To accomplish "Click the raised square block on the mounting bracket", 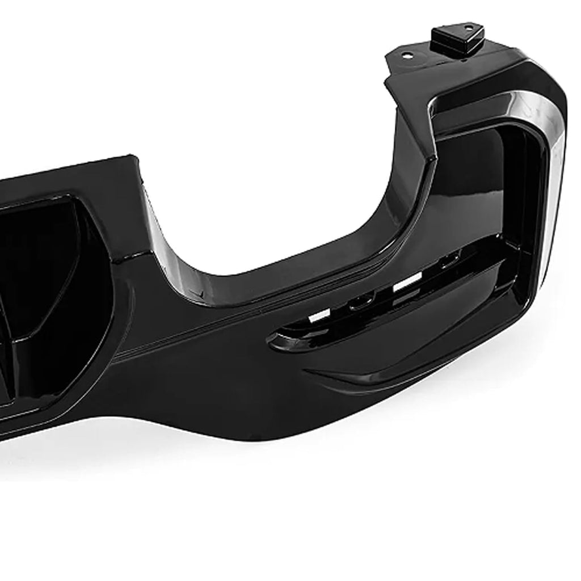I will pyautogui.click(x=457, y=38).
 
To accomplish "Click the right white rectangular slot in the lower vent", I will pyautogui.click(x=408, y=282).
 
